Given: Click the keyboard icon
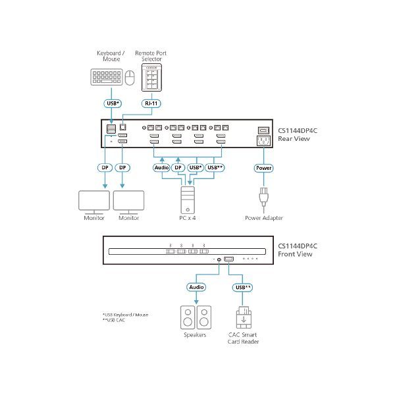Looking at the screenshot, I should coord(105,80).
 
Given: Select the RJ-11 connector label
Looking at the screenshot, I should coord(152,103).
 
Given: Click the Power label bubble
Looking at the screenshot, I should coord(263,168).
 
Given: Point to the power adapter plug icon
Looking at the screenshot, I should coord(263,197).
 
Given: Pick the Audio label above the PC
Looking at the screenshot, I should coord(161,168).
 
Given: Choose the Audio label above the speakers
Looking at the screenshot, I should coord(197,287).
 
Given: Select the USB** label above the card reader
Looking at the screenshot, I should coord(242,287).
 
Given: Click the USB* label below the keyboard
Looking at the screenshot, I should coord(112,103).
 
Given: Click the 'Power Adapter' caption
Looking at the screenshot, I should coord(263,217).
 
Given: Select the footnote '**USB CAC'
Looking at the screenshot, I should coord(113,320).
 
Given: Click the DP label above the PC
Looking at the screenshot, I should coord(178,168).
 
